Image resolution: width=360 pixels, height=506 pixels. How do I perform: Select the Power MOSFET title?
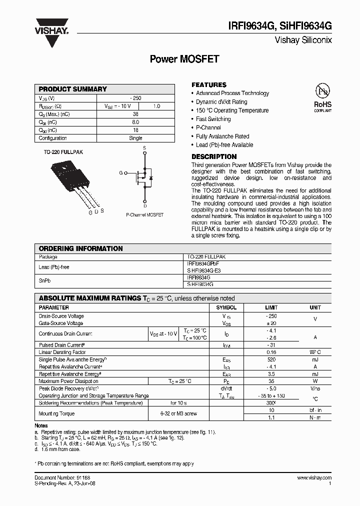click(x=184, y=59)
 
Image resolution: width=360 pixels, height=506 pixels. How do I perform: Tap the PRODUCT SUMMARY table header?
click(x=73, y=89)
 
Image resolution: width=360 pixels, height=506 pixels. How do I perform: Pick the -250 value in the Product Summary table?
click(x=135, y=98)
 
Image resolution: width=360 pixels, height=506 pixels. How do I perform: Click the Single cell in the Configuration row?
click(x=135, y=138)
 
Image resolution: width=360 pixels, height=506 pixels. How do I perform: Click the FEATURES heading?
click(x=209, y=85)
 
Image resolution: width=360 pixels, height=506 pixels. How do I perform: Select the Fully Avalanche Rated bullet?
click(x=222, y=136)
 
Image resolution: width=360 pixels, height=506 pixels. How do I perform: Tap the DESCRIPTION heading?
click(x=214, y=156)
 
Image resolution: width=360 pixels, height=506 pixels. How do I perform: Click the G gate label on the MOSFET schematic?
click(x=120, y=172)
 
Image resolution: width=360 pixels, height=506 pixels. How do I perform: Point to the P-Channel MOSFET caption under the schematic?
click(x=144, y=214)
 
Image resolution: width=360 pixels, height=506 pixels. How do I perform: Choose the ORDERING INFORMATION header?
click(x=81, y=248)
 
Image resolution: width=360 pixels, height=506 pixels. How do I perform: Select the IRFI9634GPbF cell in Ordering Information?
click(x=203, y=263)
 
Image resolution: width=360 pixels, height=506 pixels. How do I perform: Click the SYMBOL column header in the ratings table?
click(x=226, y=307)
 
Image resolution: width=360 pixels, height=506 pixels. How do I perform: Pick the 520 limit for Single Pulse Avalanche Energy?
click(x=271, y=359)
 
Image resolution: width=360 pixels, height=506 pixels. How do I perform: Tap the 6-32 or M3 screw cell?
click(x=178, y=413)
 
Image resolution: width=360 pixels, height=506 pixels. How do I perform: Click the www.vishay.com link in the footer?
click(x=314, y=478)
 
